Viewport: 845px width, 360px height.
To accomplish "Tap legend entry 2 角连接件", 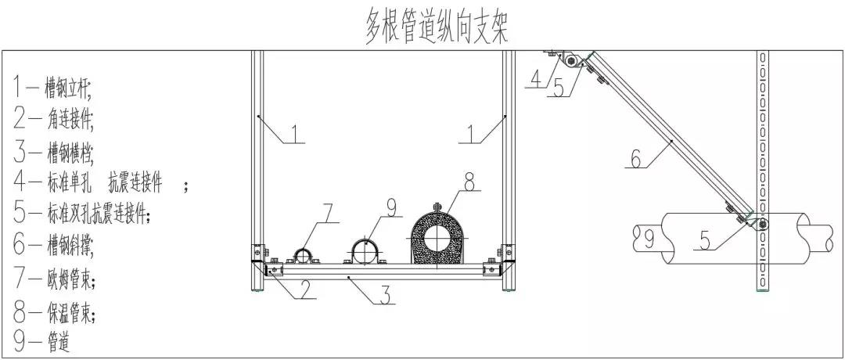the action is coord(53,119).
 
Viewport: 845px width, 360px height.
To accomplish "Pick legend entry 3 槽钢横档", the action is coord(53,152).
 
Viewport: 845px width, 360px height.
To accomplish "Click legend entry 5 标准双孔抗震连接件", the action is coord(81,214).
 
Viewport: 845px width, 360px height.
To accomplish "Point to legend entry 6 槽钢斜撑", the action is coord(53,246).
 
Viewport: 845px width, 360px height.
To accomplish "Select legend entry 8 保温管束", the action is coord(55,311).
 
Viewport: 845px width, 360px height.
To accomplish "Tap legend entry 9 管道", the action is coord(41,340).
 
